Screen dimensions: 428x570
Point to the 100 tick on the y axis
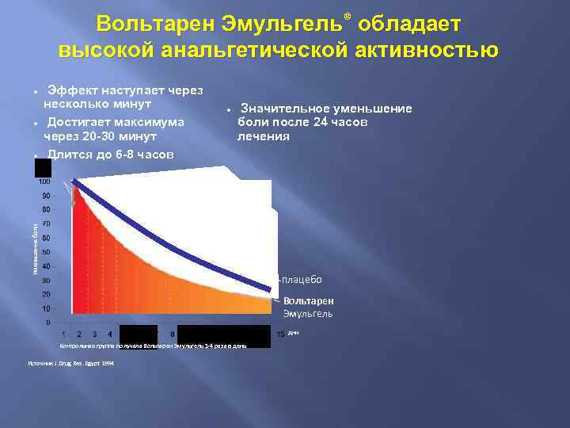click(x=46, y=182)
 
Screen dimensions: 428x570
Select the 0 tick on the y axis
click(x=49, y=323)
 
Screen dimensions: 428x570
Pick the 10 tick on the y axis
click(x=47, y=308)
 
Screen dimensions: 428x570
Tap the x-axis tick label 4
click(x=108, y=334)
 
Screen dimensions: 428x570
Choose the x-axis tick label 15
click(x=280, y=334)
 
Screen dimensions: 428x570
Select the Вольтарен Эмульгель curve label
click(x=309, y=308)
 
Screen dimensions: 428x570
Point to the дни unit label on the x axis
click(x=292, y=333)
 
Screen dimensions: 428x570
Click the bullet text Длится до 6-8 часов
click(x=110, y=155)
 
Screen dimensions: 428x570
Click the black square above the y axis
click(x=43, y=167)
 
